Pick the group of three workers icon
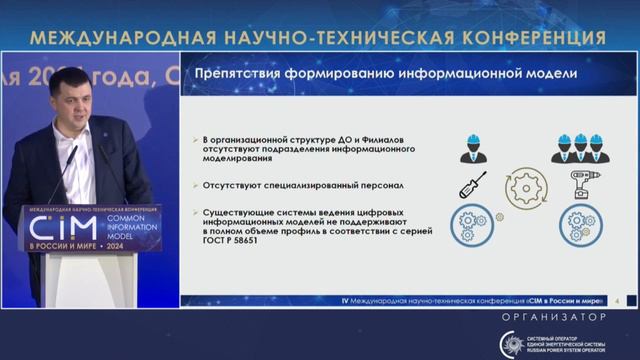580,147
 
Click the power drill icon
583,186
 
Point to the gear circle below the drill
579,222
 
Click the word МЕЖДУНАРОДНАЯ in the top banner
111,37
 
